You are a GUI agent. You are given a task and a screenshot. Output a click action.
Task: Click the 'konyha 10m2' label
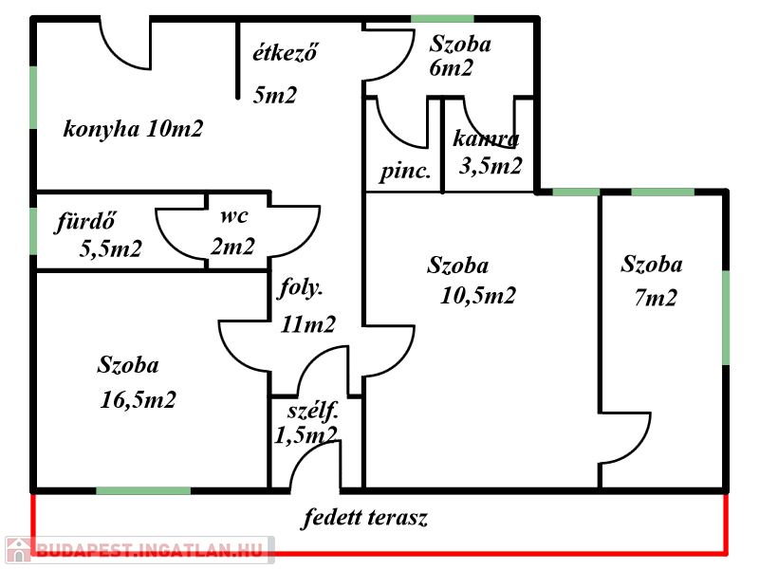(133, 129)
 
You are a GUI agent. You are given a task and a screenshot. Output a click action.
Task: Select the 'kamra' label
(486, 139)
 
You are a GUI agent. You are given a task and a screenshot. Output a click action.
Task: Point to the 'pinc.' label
(406, 173)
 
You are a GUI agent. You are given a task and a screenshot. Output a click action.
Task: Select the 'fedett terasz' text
(366, 519)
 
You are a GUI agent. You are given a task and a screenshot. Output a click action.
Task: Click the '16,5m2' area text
(139, 399)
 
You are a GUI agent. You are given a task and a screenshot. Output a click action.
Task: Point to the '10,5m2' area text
(478, 295)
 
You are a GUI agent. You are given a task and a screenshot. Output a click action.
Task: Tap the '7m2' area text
(656, 298)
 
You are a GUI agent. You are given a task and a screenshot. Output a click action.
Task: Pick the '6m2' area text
(451, 68)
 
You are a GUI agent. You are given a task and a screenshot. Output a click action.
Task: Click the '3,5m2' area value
(491, 166)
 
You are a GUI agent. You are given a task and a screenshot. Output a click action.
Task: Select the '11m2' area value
(308, 324)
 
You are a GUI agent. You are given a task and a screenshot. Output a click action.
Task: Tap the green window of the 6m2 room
(442, 18)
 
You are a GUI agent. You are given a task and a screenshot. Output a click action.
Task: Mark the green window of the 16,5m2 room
(143, 490)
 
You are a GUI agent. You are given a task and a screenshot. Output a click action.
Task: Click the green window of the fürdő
(34, 231)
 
